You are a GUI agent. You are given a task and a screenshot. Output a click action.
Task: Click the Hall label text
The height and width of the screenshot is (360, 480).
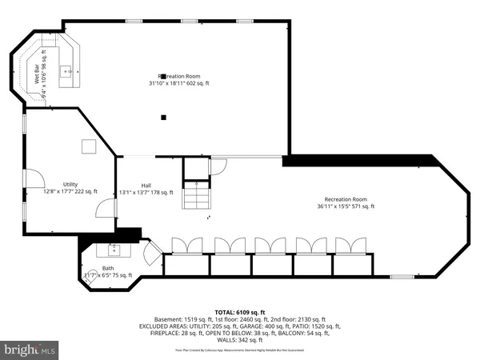pos(146,184)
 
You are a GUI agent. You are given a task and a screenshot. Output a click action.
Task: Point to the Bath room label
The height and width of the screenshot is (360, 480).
pos(107,269)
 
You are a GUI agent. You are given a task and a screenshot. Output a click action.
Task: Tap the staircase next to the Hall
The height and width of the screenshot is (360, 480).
pos(195,197)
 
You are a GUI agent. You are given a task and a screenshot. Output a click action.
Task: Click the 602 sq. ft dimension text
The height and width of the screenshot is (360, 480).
pos(196,82)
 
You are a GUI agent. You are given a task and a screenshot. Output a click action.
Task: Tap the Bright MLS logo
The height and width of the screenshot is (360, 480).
pos(30,350)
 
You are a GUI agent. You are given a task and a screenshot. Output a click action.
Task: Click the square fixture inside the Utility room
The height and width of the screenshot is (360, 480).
pos(89,146)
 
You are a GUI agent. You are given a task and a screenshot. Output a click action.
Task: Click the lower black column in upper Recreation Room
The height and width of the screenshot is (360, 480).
pos(163,118)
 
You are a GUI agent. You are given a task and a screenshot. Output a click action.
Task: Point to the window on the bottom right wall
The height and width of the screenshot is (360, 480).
pos(402,277)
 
